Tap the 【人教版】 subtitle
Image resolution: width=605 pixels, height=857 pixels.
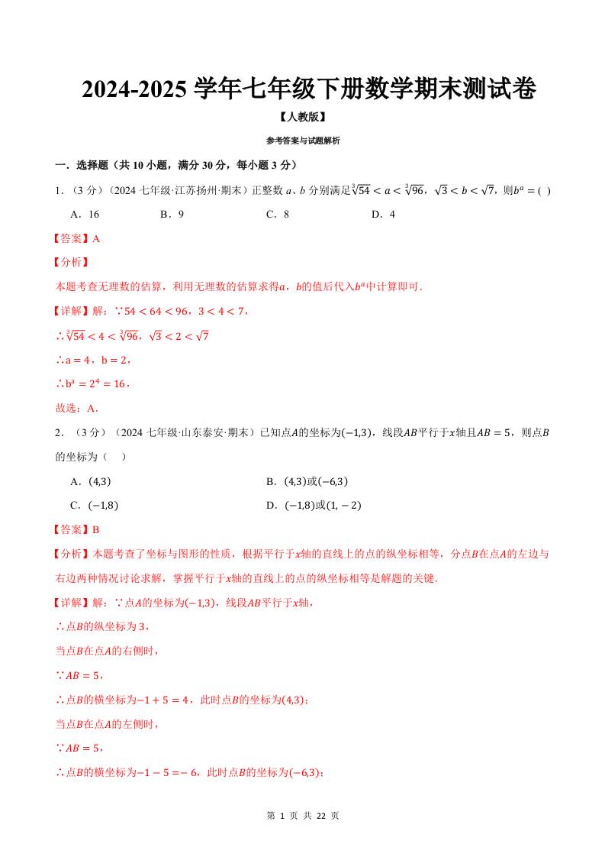[303, 118]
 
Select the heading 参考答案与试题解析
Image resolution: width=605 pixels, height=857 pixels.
[303, 141]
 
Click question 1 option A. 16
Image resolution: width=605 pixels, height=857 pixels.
[85, 215]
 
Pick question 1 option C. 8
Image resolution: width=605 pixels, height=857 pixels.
[277, 215]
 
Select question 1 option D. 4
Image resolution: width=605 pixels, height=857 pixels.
[383, 215]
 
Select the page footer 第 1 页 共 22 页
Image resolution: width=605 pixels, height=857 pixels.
[303, 816]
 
